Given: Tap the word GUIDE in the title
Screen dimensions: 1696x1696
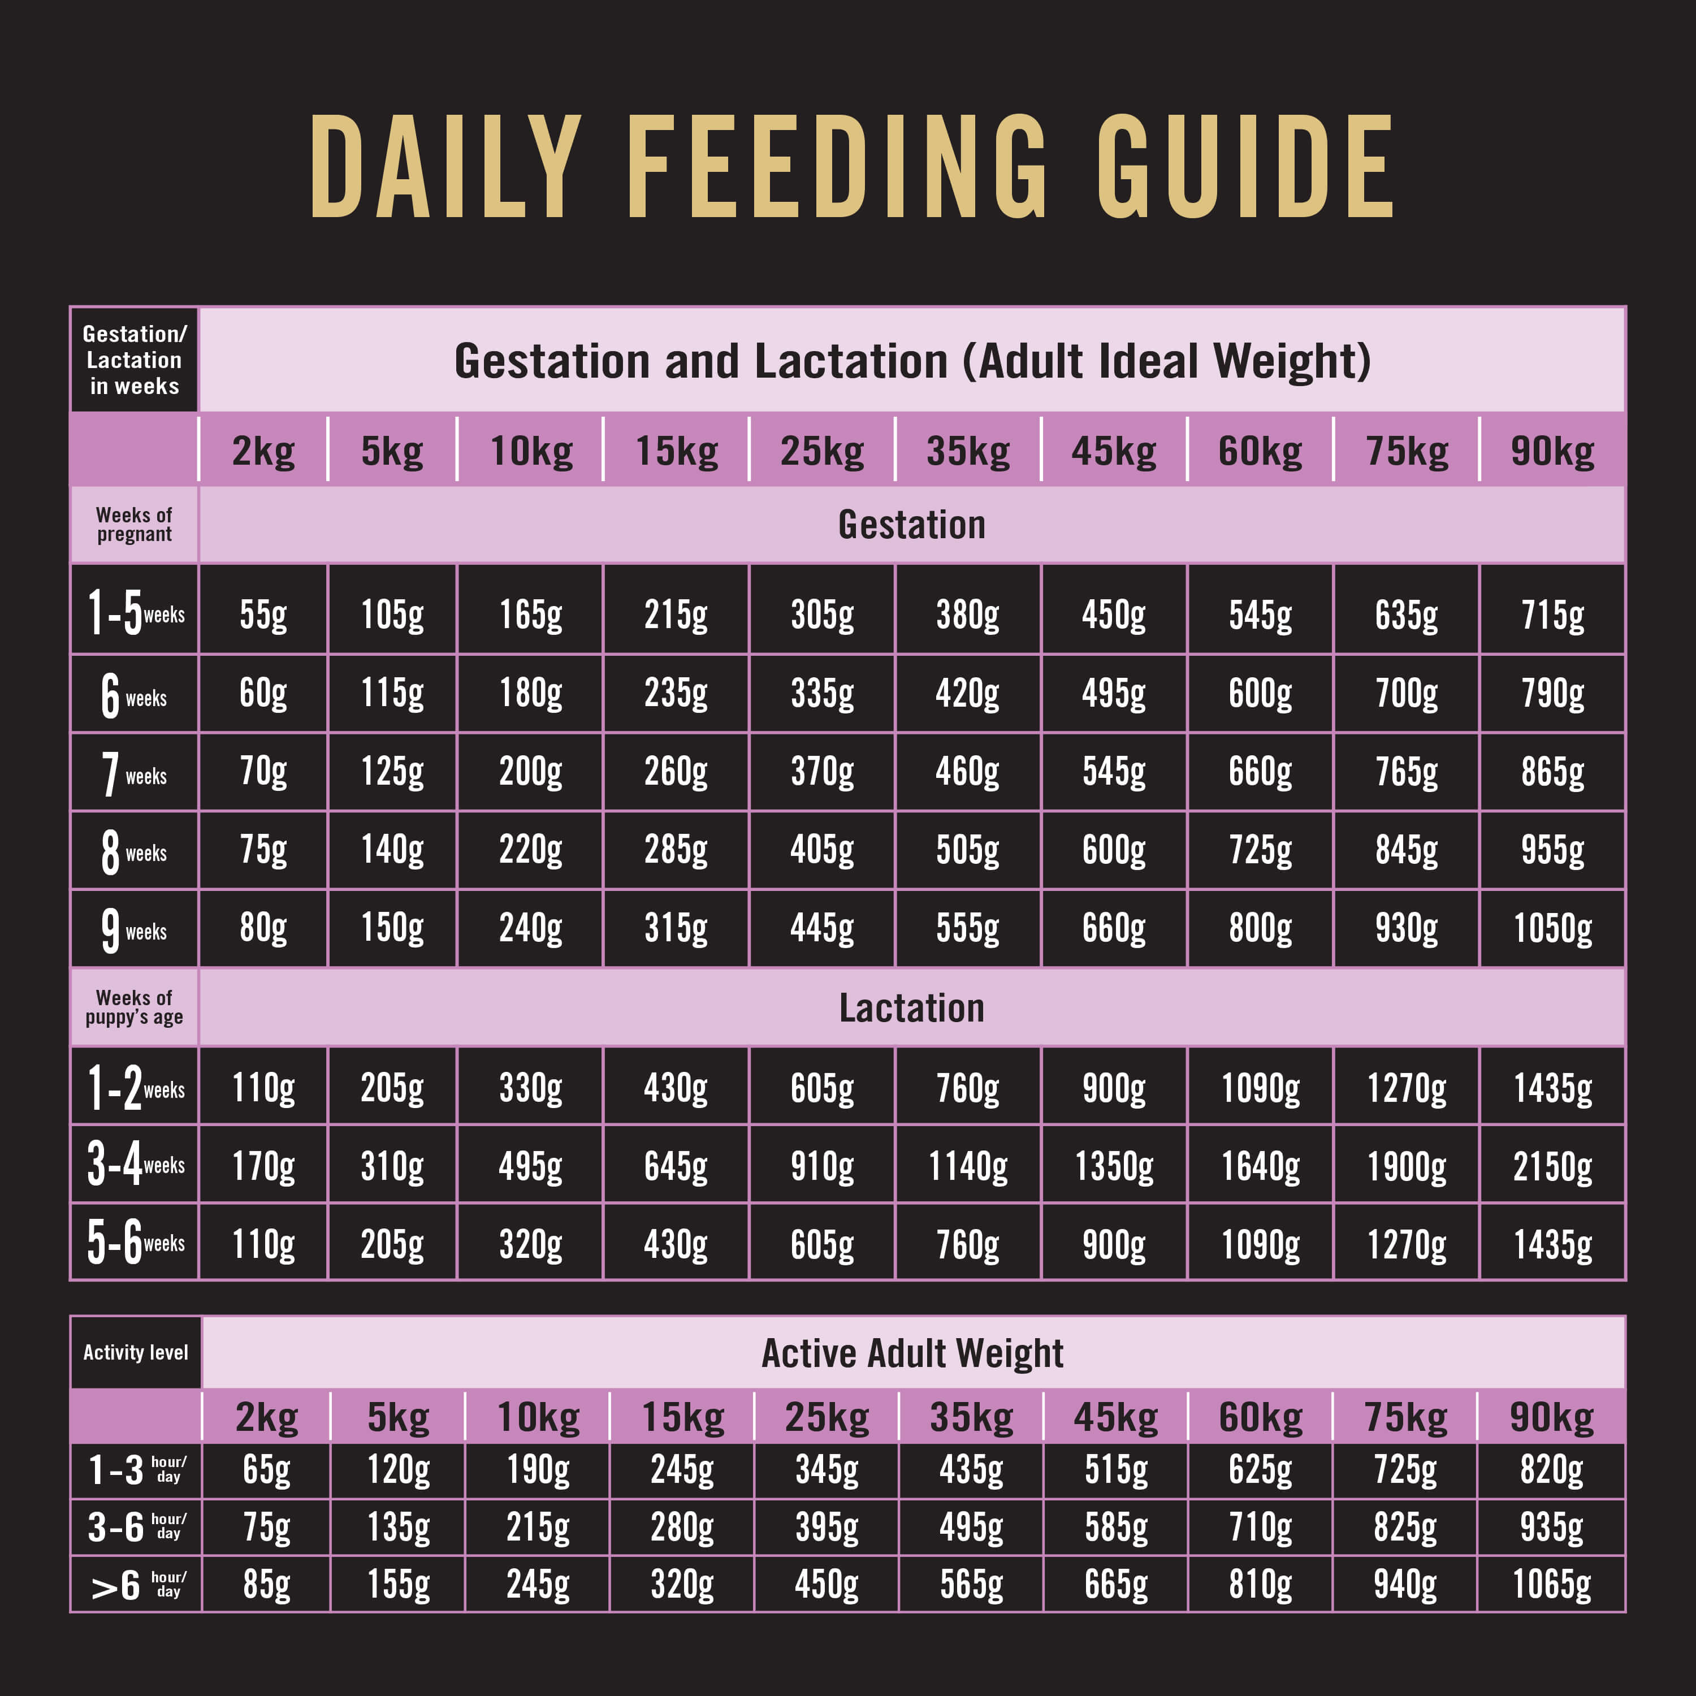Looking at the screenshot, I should (1245, 167).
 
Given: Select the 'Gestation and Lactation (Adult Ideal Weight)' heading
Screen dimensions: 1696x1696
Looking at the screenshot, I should (912, 361).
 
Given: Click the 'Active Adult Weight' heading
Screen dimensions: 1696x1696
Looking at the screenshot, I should (912, 1353).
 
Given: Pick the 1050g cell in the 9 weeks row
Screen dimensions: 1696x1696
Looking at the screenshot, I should (1552, 928).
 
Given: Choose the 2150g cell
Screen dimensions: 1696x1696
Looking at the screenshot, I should (1552, 1166).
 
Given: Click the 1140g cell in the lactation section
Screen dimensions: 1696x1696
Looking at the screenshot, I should (967, 1166).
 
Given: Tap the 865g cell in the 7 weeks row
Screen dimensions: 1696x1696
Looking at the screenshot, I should (1552, 772).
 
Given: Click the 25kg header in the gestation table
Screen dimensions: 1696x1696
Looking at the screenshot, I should (821, 451).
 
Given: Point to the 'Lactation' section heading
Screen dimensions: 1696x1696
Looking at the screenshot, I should (912, 1008).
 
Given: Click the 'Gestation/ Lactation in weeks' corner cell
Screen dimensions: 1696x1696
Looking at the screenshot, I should (135, 360).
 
